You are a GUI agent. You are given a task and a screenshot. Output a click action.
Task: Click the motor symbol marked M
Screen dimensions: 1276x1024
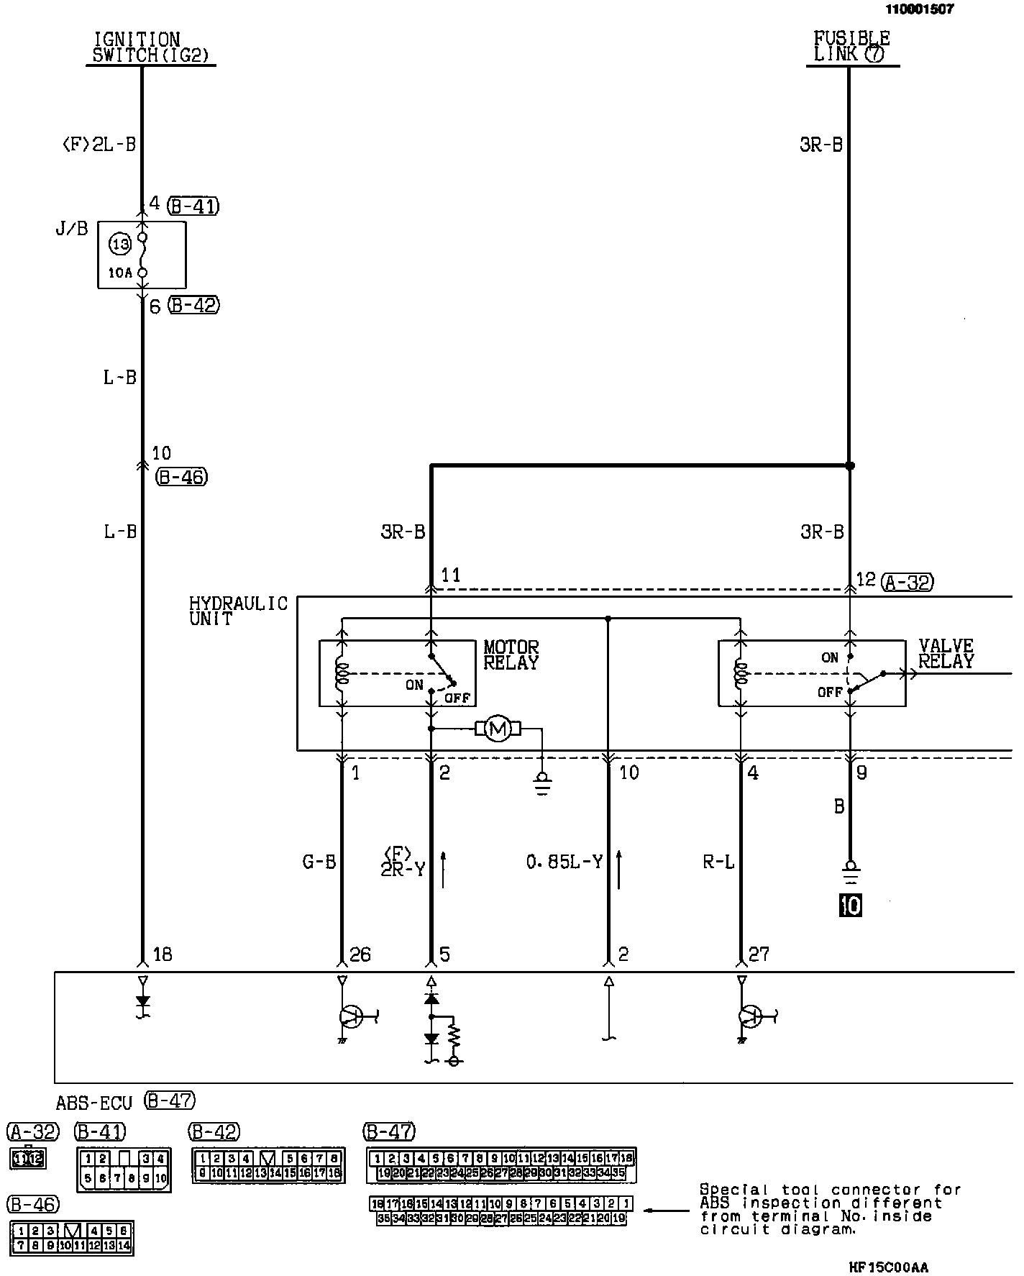pos(497,729)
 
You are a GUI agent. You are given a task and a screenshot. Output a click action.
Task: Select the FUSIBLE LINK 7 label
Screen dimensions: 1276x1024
pos(851,46)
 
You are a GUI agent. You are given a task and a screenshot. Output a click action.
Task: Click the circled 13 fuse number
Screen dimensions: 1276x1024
pos(120,245)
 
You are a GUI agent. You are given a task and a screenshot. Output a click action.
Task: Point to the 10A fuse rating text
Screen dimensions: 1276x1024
pos(119,273)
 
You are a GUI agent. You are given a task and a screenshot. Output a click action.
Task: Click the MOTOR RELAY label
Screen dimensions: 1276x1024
pos(511,655)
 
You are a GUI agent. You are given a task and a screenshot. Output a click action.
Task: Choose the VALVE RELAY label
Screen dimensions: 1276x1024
pos(946,654)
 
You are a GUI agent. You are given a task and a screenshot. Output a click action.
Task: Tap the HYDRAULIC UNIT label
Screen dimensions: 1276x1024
pos(237,611)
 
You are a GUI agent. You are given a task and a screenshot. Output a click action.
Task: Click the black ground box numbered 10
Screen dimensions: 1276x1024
pos(851,905)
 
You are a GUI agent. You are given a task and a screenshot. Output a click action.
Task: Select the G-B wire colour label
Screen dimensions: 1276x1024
pos(319,862)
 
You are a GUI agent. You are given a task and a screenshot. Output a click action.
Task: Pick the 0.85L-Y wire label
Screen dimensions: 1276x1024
pos(564,862)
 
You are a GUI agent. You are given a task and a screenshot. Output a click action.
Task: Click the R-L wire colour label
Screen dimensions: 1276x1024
pos(718,862)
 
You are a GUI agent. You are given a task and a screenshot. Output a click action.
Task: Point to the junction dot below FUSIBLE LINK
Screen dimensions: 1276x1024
pos(850,466)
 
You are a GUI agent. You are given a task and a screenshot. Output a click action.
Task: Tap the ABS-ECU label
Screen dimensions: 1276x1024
pos(94,1103)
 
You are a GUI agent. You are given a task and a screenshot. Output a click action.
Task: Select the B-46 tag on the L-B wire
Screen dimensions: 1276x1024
pos(182,477)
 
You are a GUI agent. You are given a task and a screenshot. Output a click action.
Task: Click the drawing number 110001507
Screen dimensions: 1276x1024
pos(920,9)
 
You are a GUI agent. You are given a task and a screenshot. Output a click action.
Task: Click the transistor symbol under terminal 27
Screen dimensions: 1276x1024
pos(749,1016)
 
